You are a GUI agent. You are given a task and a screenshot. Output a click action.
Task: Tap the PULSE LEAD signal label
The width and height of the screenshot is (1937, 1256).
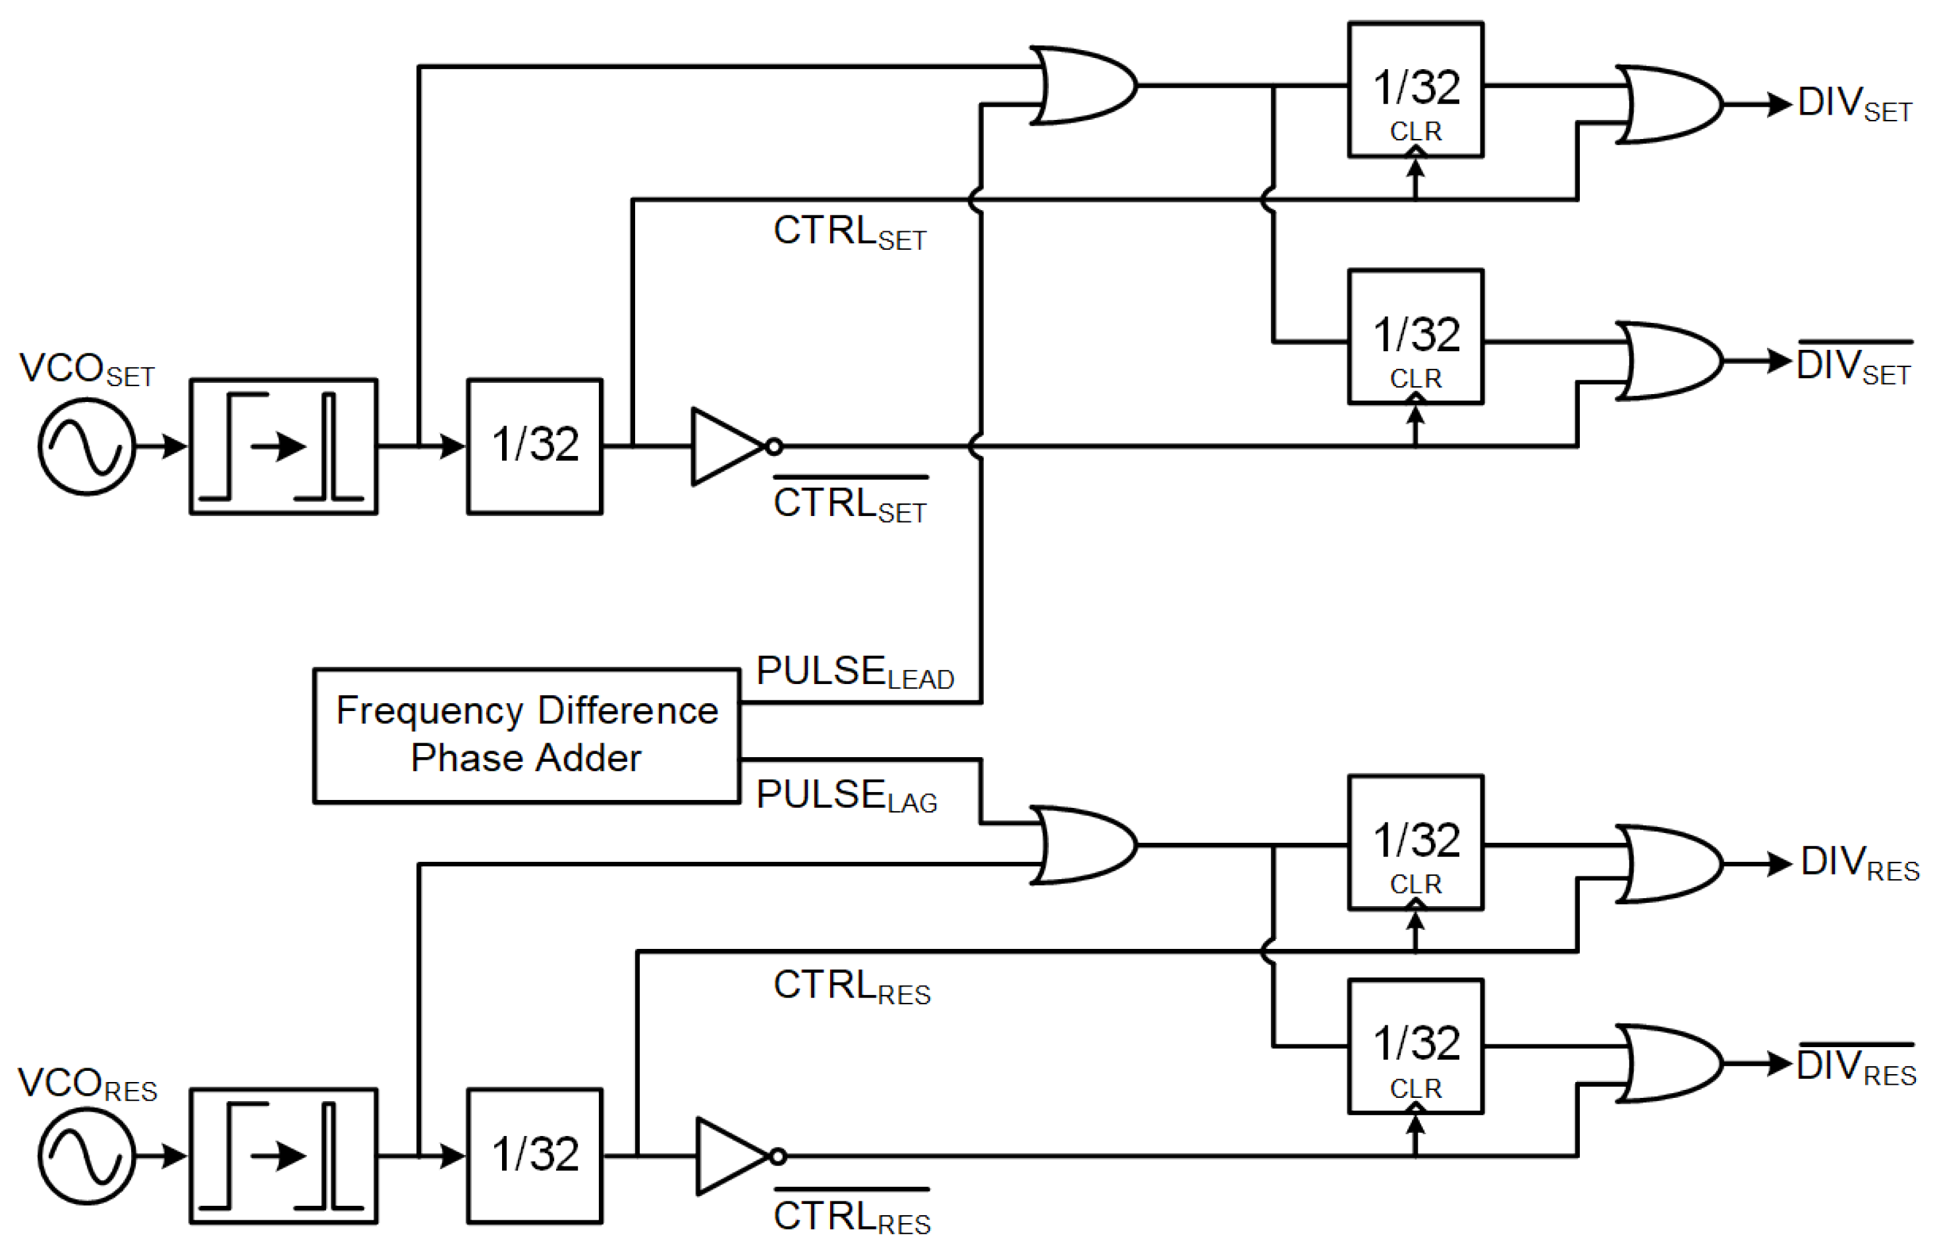855,672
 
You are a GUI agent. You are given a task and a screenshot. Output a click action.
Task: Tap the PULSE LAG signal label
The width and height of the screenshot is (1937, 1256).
847,795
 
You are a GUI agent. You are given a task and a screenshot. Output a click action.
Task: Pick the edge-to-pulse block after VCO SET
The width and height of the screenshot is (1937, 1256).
283,446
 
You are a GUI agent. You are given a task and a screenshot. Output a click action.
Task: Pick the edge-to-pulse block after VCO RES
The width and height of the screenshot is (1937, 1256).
283,1156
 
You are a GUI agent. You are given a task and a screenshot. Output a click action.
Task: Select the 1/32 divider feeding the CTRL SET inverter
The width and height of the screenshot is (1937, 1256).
535,446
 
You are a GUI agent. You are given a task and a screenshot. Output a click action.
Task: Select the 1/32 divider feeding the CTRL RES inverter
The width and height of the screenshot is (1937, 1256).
535,1156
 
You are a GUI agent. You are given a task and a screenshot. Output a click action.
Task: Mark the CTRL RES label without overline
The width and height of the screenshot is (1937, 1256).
851,986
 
